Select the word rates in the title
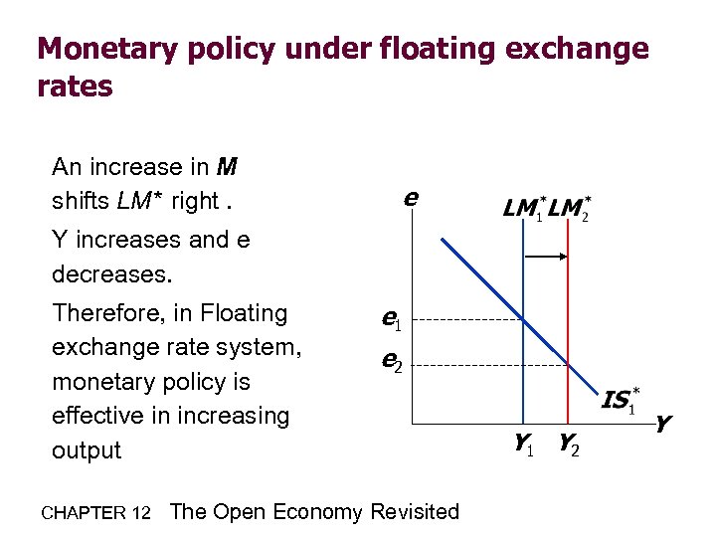[75, 87]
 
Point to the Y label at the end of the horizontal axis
[662, 425]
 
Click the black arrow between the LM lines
[546, 258]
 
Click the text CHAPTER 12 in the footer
[95, 513]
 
